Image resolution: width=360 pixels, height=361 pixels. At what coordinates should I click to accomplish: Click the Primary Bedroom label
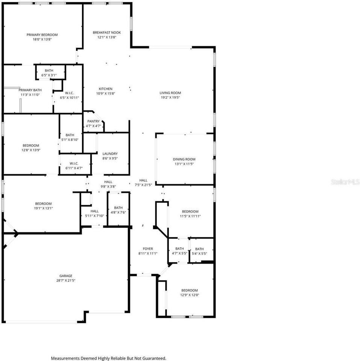pyautogui.click(x=42, y=35)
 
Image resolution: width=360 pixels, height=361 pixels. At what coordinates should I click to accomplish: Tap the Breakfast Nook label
pyautogui.click(x=107, y=33)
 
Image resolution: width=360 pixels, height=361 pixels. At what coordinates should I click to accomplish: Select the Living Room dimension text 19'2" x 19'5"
pyautogui.click(x=170, y=97)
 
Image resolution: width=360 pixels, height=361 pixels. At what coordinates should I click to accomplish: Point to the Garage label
pyautogui.click(x=65, y=276)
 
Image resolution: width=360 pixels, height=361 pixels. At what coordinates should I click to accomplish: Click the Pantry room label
pyautogui.click(x=93, y=121)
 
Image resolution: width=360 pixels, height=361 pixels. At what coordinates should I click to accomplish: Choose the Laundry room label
pyautogui.click(x=110, y=153)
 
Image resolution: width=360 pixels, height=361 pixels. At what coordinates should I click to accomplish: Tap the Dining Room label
pyautogui.click(x=184, y=159)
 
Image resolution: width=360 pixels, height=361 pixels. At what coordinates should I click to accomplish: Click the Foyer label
pyautogui.click(x=148, y=249)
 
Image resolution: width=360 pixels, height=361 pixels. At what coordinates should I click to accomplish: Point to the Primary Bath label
pyautogui.click(x=30, y=90)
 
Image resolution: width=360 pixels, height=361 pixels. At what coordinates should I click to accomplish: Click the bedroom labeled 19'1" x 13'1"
pyautogui.click(x=43, y=203)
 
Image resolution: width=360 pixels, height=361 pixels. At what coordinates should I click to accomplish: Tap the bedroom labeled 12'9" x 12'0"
pyautogui.click(x=190, y=290)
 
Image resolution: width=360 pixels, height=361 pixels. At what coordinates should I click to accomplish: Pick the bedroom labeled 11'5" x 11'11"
pyautogui.click(x=190, y=211)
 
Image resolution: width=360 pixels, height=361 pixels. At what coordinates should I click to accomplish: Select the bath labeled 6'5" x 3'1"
pyautogui.click(x=49, y=71)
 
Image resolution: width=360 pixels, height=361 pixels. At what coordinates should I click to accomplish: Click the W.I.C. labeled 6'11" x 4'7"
pyautogui.click(x=74, y=163)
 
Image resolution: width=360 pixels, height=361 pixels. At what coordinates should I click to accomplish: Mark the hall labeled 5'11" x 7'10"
pyautogui.click(x=94, y=211)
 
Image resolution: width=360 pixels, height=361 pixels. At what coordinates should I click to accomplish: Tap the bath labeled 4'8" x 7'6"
pyautogui.click(x=118, y=208)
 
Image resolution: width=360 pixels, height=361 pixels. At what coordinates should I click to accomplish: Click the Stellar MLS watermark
pyautogui.click(x=345, y=182)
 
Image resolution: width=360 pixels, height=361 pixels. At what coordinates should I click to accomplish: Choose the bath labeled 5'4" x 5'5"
pyautogui.click(x=199, y=249)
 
